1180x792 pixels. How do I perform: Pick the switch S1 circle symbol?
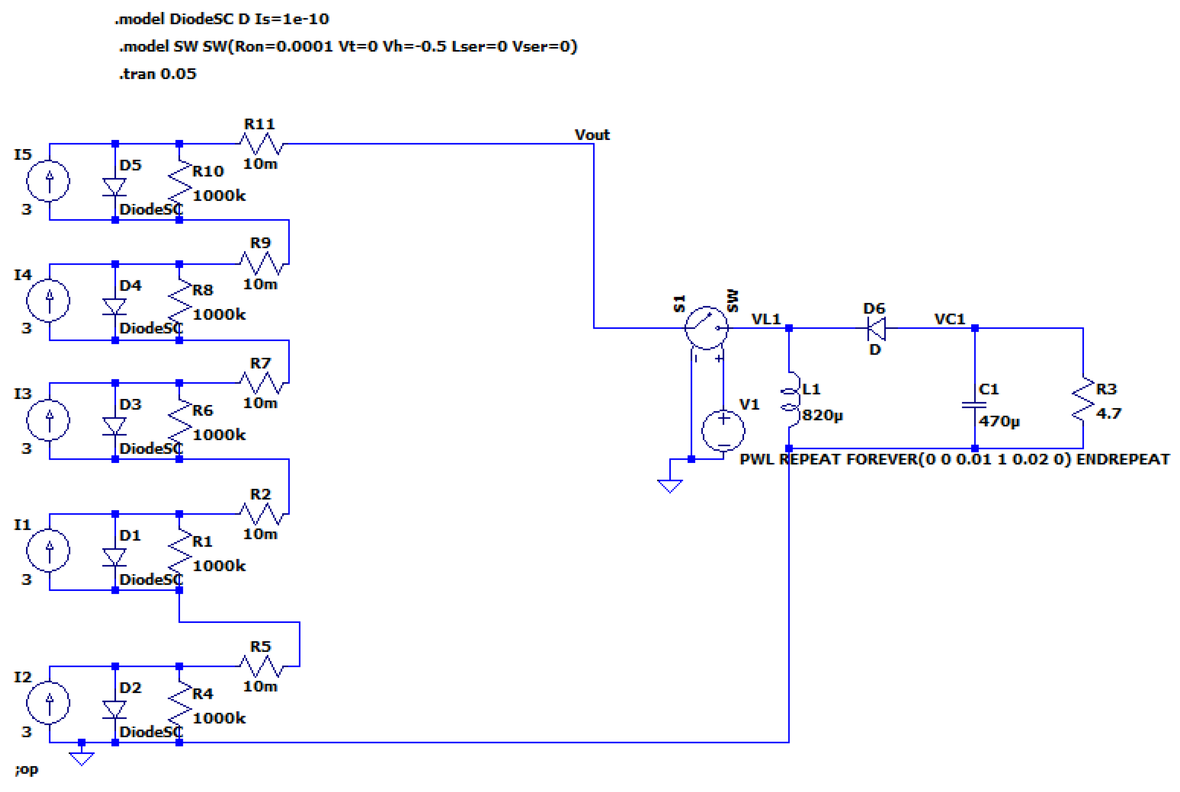coord(706,328)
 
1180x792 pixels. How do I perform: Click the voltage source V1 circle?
coord(723,430)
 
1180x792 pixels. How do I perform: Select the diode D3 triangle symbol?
coord(115,425)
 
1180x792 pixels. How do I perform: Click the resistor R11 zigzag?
coord(262,144)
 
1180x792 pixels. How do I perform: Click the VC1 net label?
coord(950,319)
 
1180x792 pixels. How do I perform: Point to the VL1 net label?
coord(766,319)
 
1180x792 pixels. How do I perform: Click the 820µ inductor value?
coord(822,415)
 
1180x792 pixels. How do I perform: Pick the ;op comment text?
coord(26,769)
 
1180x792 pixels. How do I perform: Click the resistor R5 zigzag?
coord(262,667)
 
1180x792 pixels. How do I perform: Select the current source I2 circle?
coord(48,702)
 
